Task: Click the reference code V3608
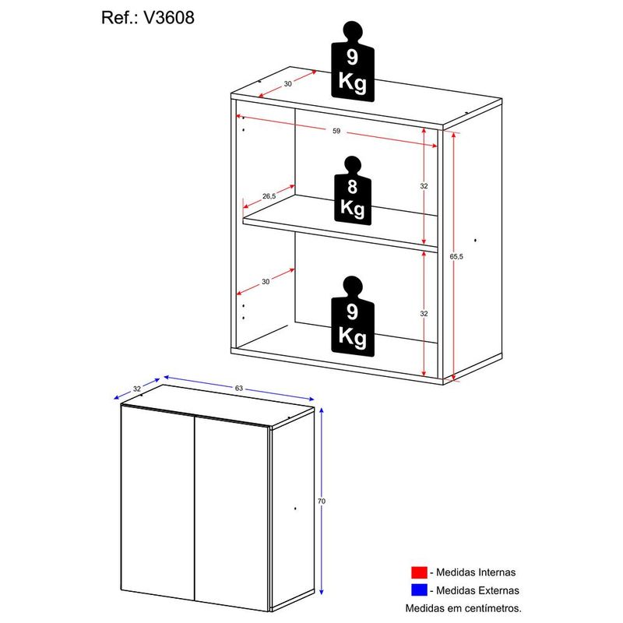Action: (x=169, y=18)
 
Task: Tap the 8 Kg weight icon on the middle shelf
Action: (x=353, y=191)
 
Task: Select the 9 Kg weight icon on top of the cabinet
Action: (x=353, y=62)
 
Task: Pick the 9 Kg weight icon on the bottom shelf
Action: (x=353, y=316)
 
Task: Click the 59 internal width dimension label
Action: (x=336, y=131)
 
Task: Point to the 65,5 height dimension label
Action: (x=456, y=257)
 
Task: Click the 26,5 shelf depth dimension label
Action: (x=269, y=196)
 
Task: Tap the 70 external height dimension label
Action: (x=322, y=502)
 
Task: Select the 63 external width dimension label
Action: (x=239, y=388)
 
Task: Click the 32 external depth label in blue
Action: (x=137, y=389)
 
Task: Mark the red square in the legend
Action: (x=419, y=572)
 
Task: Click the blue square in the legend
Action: (x=419, y=590)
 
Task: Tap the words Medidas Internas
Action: (x=476, y=572)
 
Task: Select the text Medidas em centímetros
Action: (x=463, y=608)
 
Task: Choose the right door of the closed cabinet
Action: (x=231, y=513)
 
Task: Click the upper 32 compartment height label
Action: (x=424, y=186)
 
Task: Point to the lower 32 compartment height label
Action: (x=424, y=314)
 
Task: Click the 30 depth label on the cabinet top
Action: (x=287, y=84)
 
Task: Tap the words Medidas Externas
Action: (x=477, y=590)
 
